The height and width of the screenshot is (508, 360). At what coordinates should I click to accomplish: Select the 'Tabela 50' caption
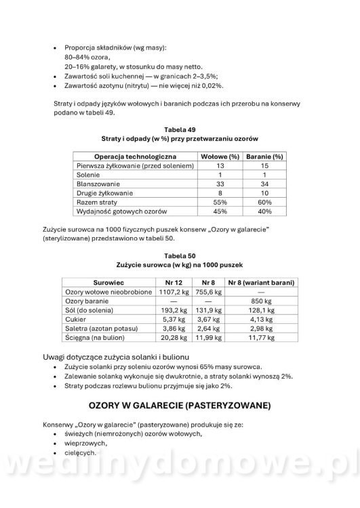[x=180, y=255]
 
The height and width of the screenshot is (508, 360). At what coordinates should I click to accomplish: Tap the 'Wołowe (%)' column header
[x=218, y=155]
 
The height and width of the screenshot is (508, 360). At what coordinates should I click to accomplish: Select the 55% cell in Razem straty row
[x=219, y=203]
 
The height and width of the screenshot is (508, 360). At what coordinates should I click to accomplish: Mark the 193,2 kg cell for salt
[x=172, y=310]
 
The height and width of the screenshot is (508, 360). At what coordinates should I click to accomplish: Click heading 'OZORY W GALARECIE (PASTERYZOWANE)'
[x=180, y=406]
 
